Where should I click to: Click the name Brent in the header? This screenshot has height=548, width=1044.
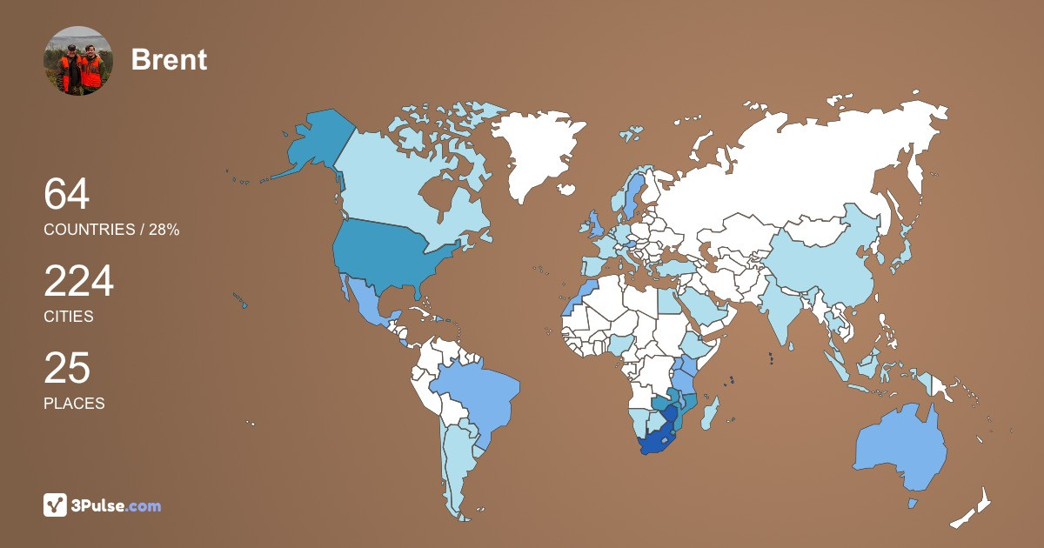pyautogui.click(x=169, y=60)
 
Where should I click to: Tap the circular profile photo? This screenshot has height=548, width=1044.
pyautogui.click(x=78, y=61)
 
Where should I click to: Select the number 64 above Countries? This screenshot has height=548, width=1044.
pyautogui.click(x=67, y=195)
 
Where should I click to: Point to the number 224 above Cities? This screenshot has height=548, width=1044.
pyautogui.click(x=79, y=282)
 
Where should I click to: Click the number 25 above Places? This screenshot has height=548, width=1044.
pyautogui.click(x=67, y=369)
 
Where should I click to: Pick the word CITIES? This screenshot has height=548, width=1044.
pyautogui.click(x=69, y=317)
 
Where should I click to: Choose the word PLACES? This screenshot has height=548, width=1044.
pyautogui.click(x=74, y=404)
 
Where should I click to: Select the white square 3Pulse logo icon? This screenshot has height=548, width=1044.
pyautogui.click(x=56, y=505)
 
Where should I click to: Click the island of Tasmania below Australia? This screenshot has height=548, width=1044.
pyautogui.click(x=913, y=503)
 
